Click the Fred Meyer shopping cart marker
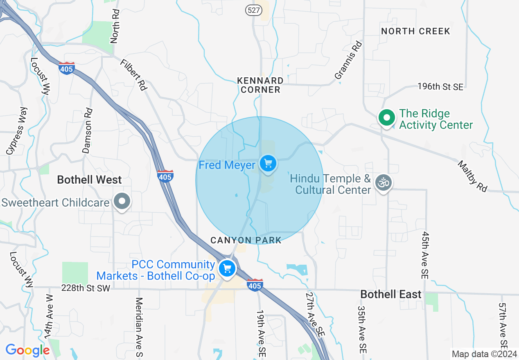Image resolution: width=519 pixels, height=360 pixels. point(268,164)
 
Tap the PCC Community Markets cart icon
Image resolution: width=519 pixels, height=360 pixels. point(227,269)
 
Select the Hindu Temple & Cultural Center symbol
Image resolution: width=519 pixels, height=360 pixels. point(384,183)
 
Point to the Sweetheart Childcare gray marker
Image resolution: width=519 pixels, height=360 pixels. point(122,201)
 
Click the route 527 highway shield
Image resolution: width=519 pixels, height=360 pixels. point(254,10)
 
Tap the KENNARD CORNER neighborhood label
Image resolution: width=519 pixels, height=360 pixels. point(260,85)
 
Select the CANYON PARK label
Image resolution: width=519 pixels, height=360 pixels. point(246,240)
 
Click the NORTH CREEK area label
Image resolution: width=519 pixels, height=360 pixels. point(415,31)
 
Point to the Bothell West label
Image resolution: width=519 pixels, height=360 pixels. point(90,180)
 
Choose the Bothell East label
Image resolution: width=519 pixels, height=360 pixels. point(391,294)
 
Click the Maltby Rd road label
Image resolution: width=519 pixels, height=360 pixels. point(473,176)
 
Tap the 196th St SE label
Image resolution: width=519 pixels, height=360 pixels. point(440,87)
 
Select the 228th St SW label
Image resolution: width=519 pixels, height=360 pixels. point(86,288)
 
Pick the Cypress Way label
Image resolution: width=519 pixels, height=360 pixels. point(17,131)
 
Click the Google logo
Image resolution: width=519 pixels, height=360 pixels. point(27,350)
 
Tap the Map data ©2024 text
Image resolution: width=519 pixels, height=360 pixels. point(484,353)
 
